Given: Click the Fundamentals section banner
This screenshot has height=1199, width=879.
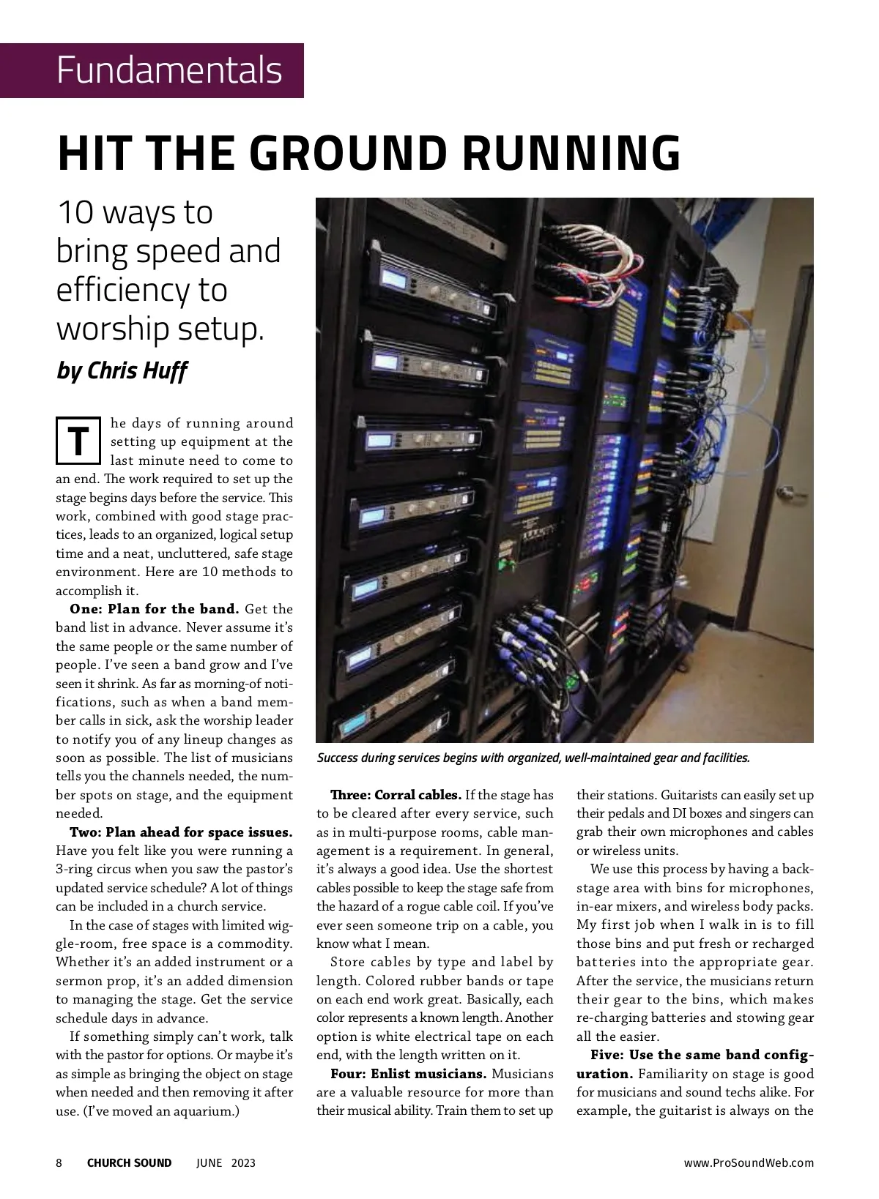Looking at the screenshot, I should coord(169,70).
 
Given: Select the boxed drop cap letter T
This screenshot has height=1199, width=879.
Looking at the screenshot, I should coord(78,440).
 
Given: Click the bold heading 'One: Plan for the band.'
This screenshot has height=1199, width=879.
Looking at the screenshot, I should coord(154,609).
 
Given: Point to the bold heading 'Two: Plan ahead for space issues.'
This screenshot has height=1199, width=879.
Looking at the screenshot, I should coord(181,832).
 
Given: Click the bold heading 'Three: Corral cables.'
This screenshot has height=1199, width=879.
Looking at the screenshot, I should coord(396,795).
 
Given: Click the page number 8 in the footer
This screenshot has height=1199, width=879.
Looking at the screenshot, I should coord(59,1163).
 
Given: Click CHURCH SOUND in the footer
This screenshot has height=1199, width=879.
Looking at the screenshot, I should coord(129,1163).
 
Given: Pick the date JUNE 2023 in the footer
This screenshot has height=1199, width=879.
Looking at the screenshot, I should coord(226,1163).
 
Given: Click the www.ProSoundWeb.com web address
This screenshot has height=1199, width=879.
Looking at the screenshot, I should coord(749,1163).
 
